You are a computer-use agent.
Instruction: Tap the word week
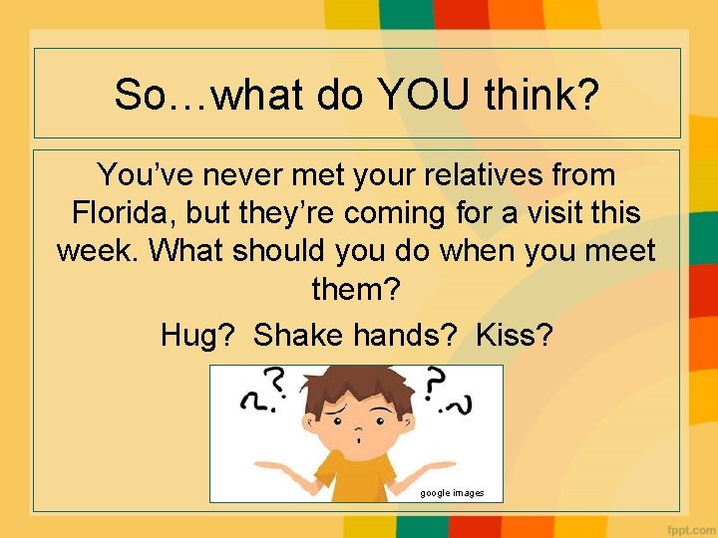pyautogui.click(x=98, y=250)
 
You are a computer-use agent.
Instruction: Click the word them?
pyautogui.click(x=356, y=289)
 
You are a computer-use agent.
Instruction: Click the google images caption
pyautogui.click(x=452, y=492)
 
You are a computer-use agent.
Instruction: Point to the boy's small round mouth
pyautogui.click(x=358, y=437)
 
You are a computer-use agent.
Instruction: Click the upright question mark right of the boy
pyautogui.click(x=435, y=382)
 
